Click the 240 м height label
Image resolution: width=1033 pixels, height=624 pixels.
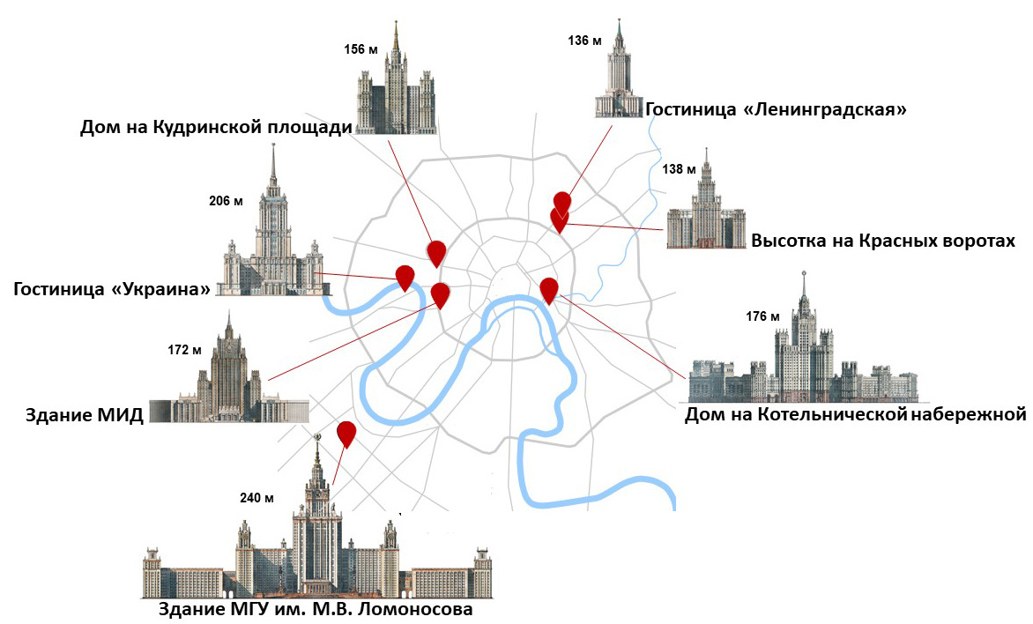click(x=256, y=498)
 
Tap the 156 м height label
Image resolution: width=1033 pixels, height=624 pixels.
click(x=360, y=49)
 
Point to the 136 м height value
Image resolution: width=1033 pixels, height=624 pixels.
click(x=585, y=41)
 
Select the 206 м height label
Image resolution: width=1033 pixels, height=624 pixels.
click(x=226, y=201)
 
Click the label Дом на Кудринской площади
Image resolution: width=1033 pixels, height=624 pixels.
click(x=216, y=129)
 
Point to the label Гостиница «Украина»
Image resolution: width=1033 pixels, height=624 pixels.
click(x=113, y=289)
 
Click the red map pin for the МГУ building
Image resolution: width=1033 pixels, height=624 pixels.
click(x=346, y=433)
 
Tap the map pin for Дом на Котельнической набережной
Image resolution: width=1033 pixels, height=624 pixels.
click(x=549, y=288)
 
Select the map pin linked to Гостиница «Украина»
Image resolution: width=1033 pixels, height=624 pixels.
click(x=405, y=276)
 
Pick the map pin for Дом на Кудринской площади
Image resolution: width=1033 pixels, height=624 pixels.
click(x=436, y=252)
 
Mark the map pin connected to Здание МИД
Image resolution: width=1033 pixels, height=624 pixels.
click(x=441, y=294)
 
